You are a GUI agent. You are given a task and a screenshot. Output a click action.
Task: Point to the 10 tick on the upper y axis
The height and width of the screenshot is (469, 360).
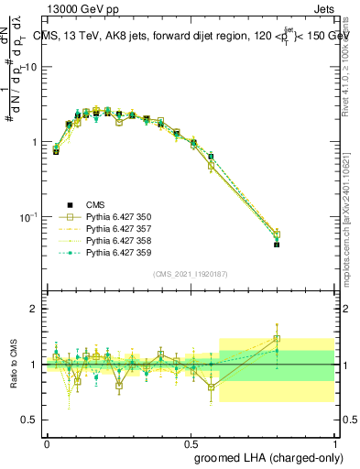[31, 67]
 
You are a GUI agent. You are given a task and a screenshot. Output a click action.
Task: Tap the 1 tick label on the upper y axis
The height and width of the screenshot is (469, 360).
[34, 142]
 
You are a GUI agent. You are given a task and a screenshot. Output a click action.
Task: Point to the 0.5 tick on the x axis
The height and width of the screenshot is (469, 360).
[191, 442]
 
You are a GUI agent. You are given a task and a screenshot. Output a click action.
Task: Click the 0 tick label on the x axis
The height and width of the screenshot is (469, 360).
[47, 442]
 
